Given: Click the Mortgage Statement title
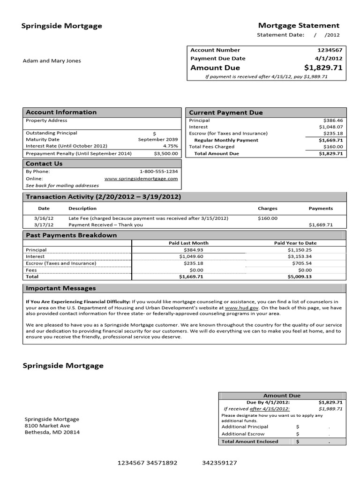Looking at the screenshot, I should pos(299,25).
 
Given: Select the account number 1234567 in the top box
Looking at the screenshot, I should pos(331,50).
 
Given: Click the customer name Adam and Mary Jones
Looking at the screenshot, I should pos(52,60).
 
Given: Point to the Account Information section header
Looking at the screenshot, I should pos(61,112).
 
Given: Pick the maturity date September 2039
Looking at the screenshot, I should pos(158,139).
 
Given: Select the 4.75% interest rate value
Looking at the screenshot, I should pos(169,145).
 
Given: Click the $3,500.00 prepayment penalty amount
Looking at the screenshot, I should pos(166,153).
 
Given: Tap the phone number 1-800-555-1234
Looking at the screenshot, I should pos(158,172).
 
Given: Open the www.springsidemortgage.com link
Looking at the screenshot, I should pos(141,179).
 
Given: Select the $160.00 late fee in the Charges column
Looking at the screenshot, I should pos(268,218).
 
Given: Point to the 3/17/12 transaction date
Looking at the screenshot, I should pos(44,225).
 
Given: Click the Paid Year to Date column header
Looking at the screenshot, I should pos(295,243).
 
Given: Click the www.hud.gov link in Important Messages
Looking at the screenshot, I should pos(235,308).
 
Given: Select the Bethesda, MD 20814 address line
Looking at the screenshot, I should pos(52,432).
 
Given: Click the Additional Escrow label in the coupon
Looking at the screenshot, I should pos(243,434).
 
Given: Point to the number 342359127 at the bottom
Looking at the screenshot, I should pos(219,463).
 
